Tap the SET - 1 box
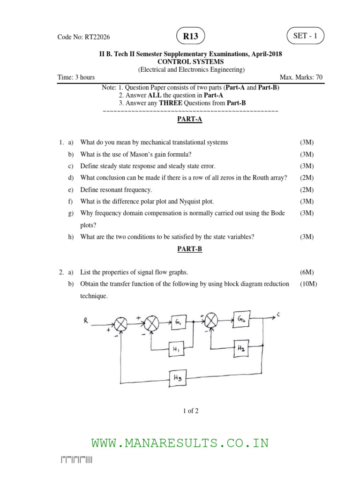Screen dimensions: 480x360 click(x=305, y=36)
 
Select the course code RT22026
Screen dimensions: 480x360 click(x=83, y=37)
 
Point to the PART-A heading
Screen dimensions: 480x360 click(x=189, y=120)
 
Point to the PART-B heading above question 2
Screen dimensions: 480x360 click(x=189, y=249)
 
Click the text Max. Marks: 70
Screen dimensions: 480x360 click(x=301, y=77)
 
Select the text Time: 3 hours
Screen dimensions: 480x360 click(x=76, y=77)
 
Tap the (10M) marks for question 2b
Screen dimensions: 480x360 click(x=308, y=284)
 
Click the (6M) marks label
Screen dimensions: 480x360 click(x=307, y=272)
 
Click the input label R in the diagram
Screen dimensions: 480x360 click(x=86, y=320)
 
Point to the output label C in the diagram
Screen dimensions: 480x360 click(x=279, y=315)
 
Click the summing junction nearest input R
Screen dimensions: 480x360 click(x=121, y=323)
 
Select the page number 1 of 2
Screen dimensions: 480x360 click(x=191, y=411)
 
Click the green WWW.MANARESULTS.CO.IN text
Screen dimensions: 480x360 click(x=180, y=443)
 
